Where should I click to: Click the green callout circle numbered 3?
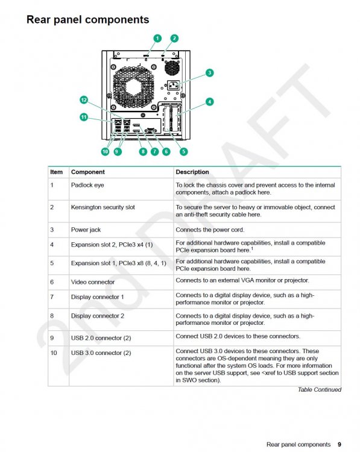click(x=210, y=73)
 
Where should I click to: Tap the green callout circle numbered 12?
click(x=84, y=100)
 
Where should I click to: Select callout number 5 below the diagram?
click(x=183, y=152)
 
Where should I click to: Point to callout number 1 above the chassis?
click(x=157, y=39)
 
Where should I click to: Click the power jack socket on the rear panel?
click(x=173, y=86)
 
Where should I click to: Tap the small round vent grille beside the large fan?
click(x=172, y=67)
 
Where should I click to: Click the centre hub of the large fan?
click(x=133, y=86)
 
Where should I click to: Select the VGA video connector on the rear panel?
click(x=151, y=131)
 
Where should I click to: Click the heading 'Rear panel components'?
click(x=87, y=20)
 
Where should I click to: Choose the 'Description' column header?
click(x=192, y=172)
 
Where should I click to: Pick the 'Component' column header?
click(x=87, y=172)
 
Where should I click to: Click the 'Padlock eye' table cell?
click(x=87, y=185)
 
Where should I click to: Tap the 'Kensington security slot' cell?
click(x=103, y=207)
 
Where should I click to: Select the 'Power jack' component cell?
click(x=86, y=230)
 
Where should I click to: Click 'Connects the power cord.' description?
click(x=210, y=230)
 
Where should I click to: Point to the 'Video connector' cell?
click(x=93, y=282)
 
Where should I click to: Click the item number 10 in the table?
click(x=54, y=353)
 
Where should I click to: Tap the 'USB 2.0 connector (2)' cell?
click(x=101, y=338)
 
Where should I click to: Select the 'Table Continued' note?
click(x=320, y=390)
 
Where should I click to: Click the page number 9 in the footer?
click(x=339, y=445)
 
